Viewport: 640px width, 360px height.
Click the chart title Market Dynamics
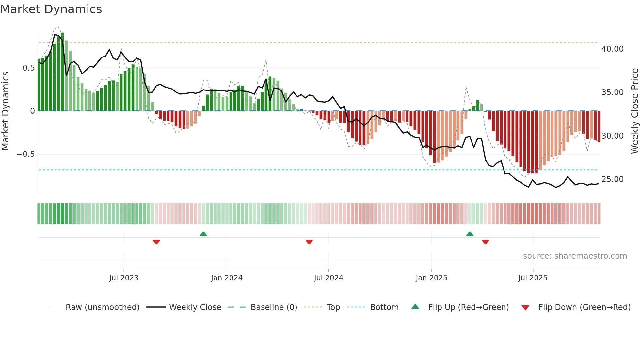coord(51,9)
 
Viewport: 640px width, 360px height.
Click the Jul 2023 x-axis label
coord(124,278)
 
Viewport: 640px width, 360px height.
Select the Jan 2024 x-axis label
coord(227,278)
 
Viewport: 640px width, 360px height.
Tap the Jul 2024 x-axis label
coord(328,278)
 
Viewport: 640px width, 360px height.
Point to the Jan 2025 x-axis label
coord(431,278)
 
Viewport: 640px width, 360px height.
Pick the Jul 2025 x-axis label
coord(533,278)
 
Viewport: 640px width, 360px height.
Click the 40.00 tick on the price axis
coord(612,49)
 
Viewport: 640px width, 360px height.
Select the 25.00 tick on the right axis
coord(612,179)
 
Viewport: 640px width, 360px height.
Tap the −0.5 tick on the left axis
coord(25,154)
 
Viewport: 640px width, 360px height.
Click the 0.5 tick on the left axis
coord(28,68)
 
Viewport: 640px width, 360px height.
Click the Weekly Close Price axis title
coord(634,111)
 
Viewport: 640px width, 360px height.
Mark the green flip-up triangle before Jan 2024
coord(203,234)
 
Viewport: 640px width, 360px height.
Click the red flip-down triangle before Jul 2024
coord(309,242)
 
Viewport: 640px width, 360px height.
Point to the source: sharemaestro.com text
coord(575,256)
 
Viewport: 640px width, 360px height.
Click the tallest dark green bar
coord(62,72)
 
